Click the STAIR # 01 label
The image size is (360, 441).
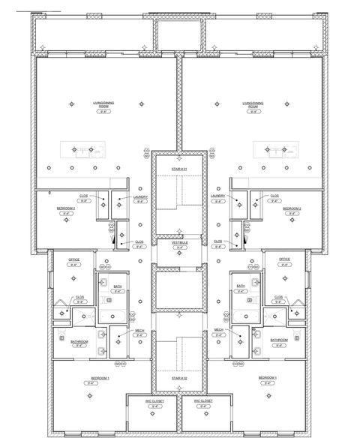click(x=178, y=170)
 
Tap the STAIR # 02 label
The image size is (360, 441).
click(x=178, y=378)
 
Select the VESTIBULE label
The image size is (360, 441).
click(x=178, y=242)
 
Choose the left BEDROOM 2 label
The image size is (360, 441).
click(x=66, y=208)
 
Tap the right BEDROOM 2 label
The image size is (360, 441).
click(x=292, y=208)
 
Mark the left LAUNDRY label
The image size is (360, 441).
click(x=140, y=196)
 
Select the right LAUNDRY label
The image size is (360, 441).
click(x=219, y=196)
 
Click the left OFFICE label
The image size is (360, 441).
click(x=73, y=259)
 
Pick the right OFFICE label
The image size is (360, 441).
click(x=284, y=259)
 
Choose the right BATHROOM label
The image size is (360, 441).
click(x=279, y=340)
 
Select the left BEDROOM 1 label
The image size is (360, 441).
click(x=91, y=377)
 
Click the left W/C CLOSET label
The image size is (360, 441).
click(x=155, y=400)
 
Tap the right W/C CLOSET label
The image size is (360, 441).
click(x=203, y=400)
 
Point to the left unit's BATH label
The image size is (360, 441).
click(x=118, y=286)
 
